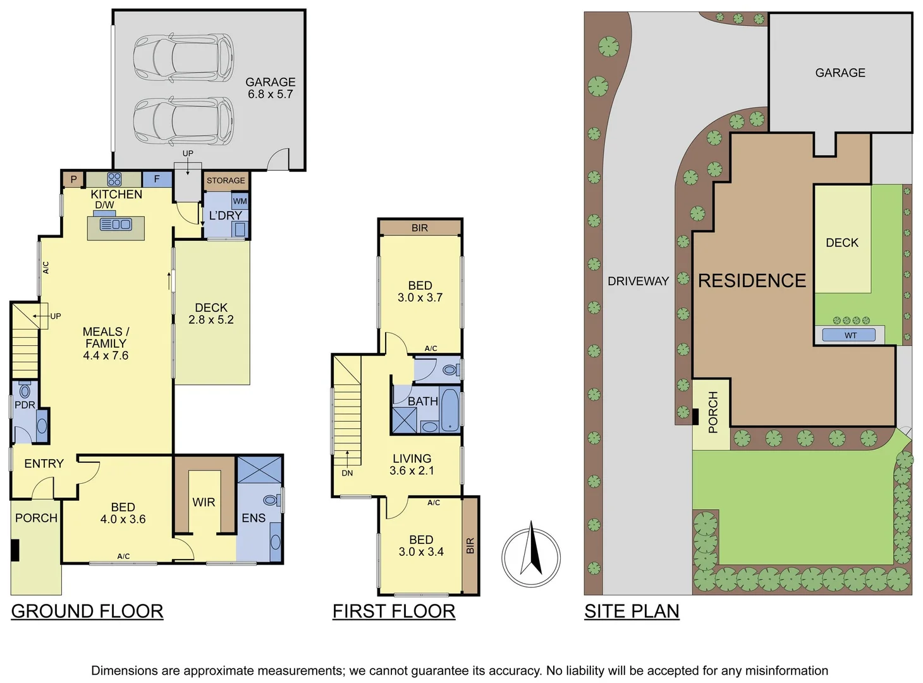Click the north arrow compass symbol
click(531, 557)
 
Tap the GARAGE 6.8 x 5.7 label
click(270, 88)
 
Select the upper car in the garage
click(183, 56)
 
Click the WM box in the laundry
click(240, 201)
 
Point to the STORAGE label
click(226, 180)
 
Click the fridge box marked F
click(157, 179)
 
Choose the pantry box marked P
click(73, 179)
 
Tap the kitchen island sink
click(116, 224)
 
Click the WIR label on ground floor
click(204, 502)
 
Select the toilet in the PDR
click(25, 390)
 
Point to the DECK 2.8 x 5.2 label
click(211, 314)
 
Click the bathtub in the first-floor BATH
click(449, 409)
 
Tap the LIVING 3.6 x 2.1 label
click(412, 464)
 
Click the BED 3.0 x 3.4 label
click(421, 545)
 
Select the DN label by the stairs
click(347, 473)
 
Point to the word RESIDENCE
click(752, 280)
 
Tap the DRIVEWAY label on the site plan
click(638, 281)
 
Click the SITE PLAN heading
click(632, 611)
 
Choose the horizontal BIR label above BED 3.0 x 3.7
click(420, 228)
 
